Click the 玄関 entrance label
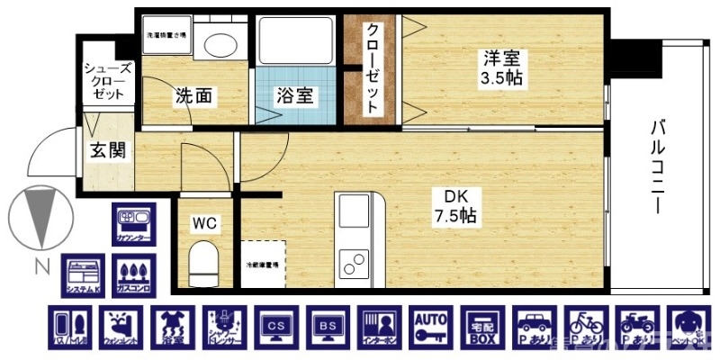click(x=107, y=151)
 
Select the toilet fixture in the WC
click(x=204, y=264)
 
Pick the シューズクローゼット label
click(x=108, y=80)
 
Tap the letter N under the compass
click(x=39, y=266)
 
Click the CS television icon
click(x=275, y=329)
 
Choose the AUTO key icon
click(x=431, y=329)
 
